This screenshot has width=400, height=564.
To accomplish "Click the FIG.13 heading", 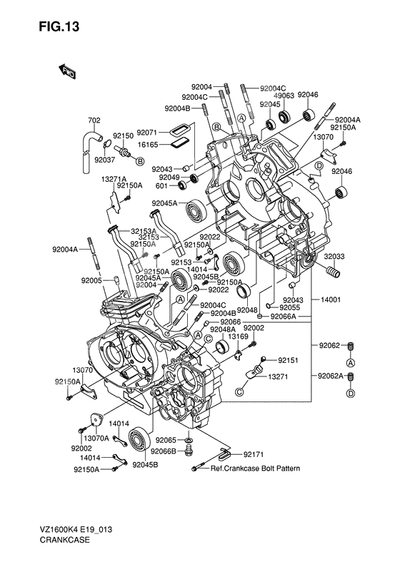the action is click(x=59, y=26).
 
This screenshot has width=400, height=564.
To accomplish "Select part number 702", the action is click(x=94, y=121).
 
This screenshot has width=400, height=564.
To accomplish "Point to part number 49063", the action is click(x=284, y=96).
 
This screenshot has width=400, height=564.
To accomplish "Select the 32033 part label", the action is click(x=334, y=257).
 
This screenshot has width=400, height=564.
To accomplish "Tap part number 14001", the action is click(x=331, y=299).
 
